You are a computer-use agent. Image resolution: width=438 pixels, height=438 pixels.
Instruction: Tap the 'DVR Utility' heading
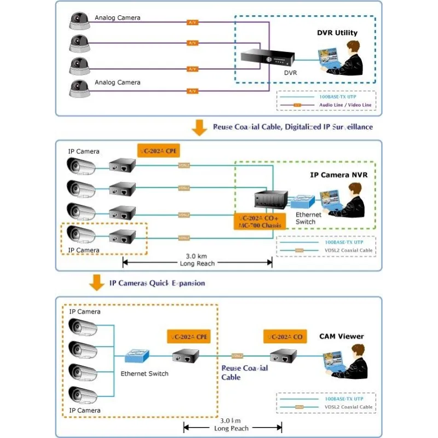(337, 33)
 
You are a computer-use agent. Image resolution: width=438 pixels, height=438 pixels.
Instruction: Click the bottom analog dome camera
(79, 88)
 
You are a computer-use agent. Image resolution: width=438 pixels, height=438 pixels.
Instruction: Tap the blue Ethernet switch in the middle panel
(303, 201)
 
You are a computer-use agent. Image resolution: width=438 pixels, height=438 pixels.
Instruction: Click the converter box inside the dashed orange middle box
(122, 237)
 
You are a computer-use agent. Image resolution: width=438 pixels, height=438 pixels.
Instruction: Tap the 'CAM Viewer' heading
(342, 336)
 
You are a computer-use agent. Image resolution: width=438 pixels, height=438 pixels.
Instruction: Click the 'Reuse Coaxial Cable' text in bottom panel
(245, 372)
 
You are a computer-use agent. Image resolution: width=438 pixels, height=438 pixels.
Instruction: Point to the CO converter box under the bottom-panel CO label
(284, 356)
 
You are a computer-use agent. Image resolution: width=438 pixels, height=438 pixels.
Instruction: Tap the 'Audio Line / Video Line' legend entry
(345, 105)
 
